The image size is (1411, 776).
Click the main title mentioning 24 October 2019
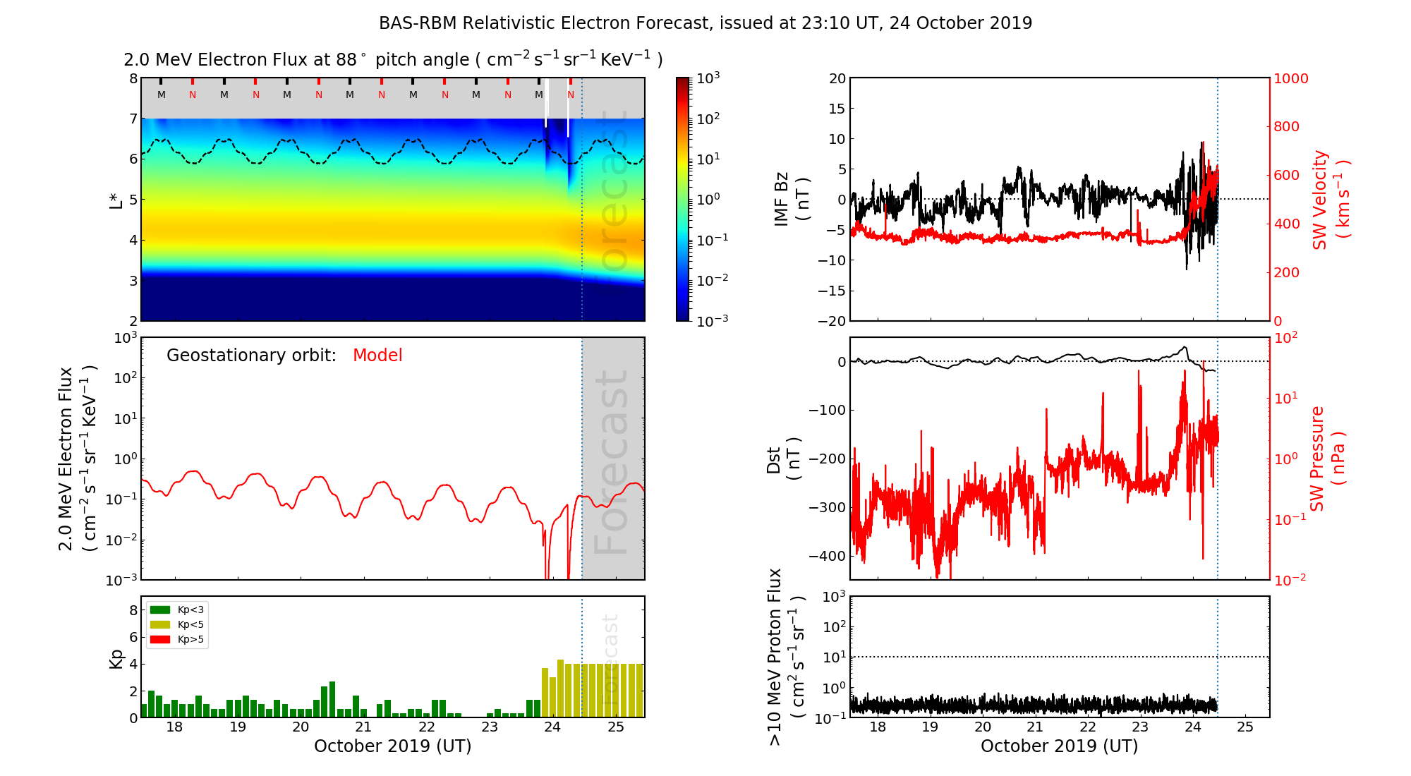705,23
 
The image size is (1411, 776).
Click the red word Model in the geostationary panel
377,356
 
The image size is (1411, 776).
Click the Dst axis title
783,460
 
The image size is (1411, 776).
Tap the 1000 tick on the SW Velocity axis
1291,78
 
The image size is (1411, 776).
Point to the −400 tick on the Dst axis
827,556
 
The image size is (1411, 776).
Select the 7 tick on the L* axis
133,119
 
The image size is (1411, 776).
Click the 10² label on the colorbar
708,119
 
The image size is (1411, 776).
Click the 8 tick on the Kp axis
133,610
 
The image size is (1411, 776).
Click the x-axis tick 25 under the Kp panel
616,727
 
